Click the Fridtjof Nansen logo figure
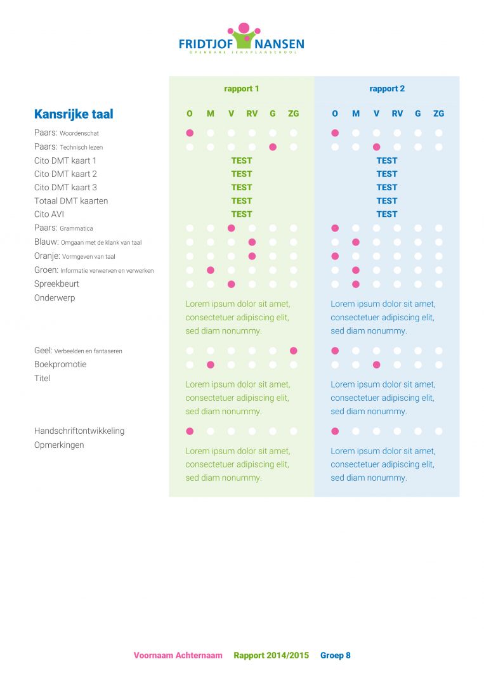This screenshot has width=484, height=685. [244, 36]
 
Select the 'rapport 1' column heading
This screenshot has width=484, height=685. [242, 89]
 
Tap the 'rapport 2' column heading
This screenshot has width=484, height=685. [387, 89]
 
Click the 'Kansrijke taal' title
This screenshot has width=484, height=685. [74, 114]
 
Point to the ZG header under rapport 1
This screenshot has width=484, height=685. [294, 114]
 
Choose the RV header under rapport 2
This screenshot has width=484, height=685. [397, 114]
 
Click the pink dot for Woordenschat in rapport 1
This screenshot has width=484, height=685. [190, 133]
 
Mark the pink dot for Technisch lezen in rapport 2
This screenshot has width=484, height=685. [377, 147]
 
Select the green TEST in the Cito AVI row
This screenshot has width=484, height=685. [242, 214]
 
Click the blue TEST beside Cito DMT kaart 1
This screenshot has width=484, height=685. [387, 160]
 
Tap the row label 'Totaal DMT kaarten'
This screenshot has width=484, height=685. [71, 201]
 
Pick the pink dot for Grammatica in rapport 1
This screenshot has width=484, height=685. [231, 228]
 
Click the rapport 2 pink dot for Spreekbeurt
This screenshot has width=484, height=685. [356, 284]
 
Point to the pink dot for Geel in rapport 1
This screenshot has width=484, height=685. [294, 351]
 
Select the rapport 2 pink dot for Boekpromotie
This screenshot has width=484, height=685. [377, 365]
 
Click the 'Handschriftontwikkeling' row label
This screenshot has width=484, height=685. [79, 431]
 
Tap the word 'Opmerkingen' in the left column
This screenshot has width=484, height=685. [59, 445]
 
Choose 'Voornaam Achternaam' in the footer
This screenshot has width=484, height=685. [178, 655]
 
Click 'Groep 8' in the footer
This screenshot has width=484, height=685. [336, 655]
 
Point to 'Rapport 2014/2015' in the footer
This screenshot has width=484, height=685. [271, 655]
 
